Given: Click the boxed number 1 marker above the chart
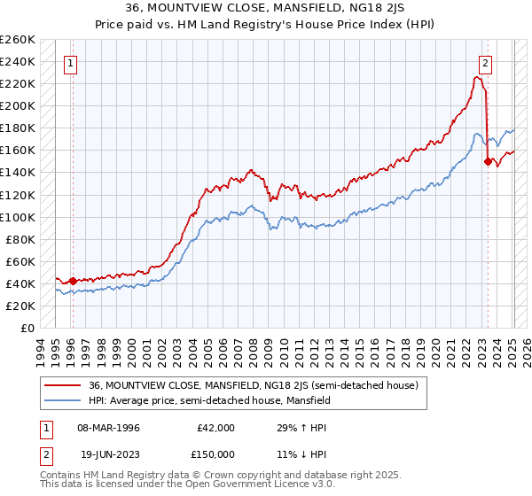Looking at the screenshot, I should click(70, 63).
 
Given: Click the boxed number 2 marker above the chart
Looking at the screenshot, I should click(486, 63).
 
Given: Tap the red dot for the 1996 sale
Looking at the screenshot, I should click(73, 282).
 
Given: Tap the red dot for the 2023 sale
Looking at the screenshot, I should click(488, 161).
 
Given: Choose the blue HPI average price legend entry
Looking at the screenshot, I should click(209, 400).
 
